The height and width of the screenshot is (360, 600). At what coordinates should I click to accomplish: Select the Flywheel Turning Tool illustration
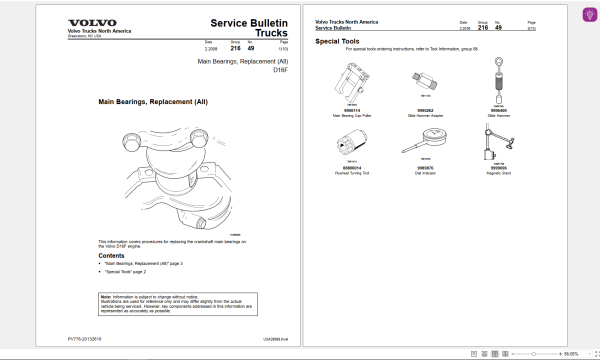[354, 144]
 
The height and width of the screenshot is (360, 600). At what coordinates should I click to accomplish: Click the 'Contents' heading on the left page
[112, 255]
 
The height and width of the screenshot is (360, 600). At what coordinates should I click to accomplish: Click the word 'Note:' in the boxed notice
[106, 297]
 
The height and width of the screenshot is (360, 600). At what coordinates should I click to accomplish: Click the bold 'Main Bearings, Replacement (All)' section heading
[152, 101]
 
